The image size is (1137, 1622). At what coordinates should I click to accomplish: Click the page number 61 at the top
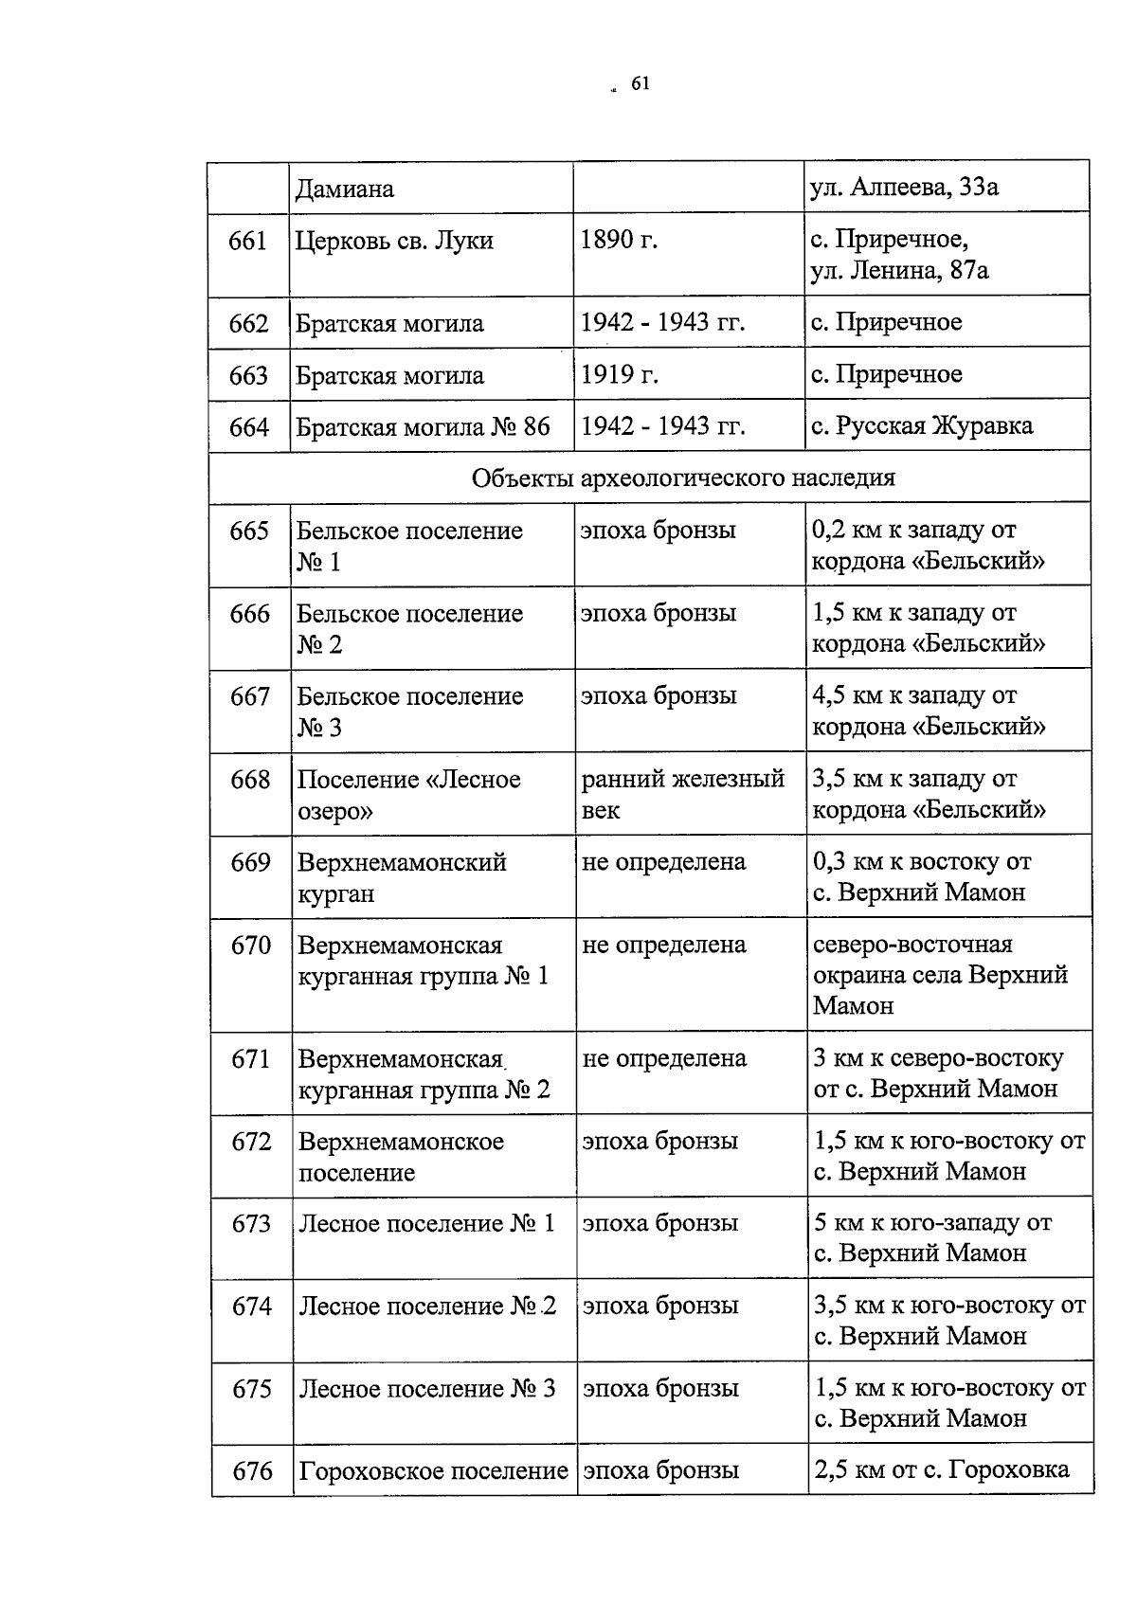640,85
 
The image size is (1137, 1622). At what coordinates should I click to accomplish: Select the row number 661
248,242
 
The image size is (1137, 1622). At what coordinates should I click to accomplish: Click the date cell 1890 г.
619,241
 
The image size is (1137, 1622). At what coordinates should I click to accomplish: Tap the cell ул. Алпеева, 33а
905,188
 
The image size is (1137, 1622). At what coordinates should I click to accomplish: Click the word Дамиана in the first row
345,189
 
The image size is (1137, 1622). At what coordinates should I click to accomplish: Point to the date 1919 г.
619,374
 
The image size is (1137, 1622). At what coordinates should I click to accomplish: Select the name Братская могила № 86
423,426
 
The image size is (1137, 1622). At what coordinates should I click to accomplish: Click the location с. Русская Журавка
922,425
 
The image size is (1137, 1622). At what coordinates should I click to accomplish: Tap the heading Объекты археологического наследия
683,478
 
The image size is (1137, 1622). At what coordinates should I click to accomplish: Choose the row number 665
249,532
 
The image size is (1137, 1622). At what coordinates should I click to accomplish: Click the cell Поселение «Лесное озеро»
409,794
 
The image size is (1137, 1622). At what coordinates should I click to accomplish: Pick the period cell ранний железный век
682,794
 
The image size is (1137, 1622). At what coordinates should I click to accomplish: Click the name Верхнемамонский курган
402,877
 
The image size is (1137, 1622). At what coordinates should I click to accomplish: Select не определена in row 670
664,946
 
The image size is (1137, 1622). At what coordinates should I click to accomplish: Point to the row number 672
251,1142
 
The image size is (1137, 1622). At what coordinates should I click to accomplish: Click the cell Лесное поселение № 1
426,1224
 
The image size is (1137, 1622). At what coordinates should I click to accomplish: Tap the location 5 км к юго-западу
932,1223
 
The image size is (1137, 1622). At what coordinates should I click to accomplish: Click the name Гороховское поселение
433,1471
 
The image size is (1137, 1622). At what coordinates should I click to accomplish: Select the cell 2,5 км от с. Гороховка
941,1470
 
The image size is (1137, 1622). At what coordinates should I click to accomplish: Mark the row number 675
252,1389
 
